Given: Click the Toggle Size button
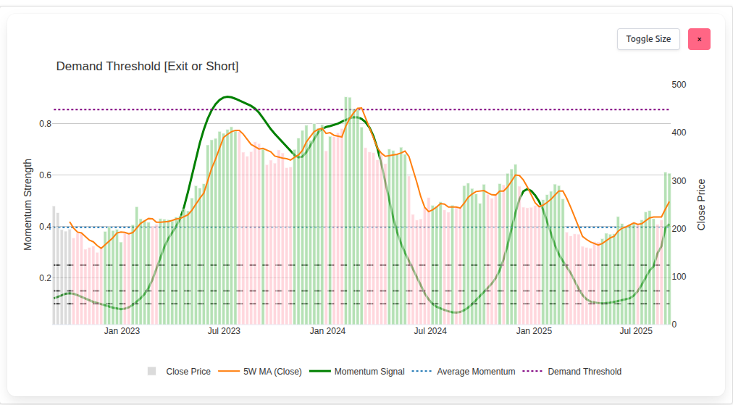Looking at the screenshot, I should coord(648,39).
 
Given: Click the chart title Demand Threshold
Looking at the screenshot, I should coord(147,67).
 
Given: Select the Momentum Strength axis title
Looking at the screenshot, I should coord(28,204).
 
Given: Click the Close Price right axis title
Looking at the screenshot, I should coord(701,204).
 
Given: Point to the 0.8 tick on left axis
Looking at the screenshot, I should coord(45,124).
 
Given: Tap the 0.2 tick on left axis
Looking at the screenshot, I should coord(45,278).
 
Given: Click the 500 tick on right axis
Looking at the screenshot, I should coord(679,85).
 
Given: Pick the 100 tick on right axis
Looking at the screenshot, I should coord(679,277).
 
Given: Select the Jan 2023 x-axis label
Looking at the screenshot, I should coord(122,331).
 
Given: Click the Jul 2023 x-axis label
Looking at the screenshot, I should coord(224,331).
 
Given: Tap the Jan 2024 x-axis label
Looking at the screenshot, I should coord(327,331).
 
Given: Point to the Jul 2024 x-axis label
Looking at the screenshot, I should coord(430,331).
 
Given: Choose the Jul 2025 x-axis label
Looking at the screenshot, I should coord(637,331).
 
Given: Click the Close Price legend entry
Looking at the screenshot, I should coord(188,372).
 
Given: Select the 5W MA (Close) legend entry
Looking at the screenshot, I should coord(272,372).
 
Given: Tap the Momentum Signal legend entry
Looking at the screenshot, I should coord(369,372).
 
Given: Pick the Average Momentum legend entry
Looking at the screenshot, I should coord(475,372).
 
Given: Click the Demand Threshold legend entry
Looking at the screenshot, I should coord(584,372).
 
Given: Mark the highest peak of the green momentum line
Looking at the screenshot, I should coord(227,96).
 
